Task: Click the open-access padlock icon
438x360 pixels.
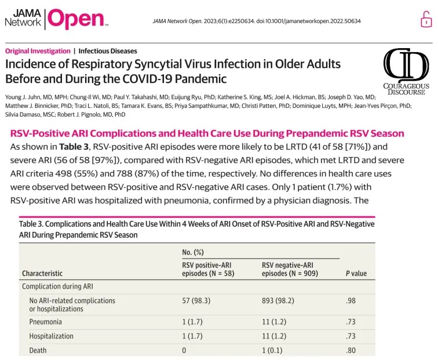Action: pos(426,19)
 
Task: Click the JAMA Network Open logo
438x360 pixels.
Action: pos(56,19)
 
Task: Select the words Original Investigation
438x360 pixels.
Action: pos(38,51)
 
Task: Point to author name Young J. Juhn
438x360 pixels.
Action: pos(27,96)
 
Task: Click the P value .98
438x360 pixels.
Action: pos(350,300)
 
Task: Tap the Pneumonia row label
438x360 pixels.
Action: pos(46,321)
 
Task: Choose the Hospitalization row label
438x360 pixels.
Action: pos(52,336)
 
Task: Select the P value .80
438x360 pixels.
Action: pos(350,351)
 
